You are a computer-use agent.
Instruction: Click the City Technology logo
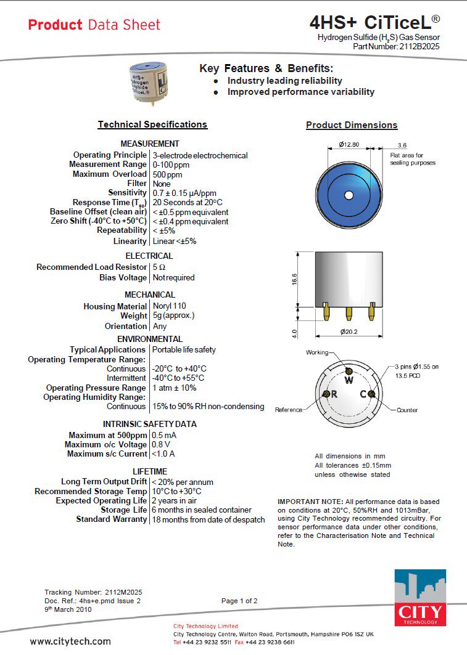coord(419,597)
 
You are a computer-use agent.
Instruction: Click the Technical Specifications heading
coord(152,124)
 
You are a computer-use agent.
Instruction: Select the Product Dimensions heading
coord(352,125)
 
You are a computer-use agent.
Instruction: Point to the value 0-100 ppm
coord(171,165)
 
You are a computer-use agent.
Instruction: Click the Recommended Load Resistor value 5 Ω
coord(159,267)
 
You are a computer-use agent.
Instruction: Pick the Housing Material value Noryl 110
coord(169,306)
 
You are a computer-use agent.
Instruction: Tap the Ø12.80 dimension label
coord(349,145)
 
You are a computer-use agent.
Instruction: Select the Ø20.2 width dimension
coord(349,332)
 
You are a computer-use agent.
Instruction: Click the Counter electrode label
coord(407,410)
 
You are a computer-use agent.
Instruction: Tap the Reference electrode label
coord(289,410)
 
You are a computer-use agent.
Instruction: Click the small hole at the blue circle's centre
coord(349,195)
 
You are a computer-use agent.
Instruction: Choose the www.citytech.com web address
coord(70,641)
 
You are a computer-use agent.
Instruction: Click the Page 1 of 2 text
coord(239,601)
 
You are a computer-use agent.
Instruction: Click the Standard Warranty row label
coord(112,519)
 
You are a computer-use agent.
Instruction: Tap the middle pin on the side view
coord(349,312)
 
